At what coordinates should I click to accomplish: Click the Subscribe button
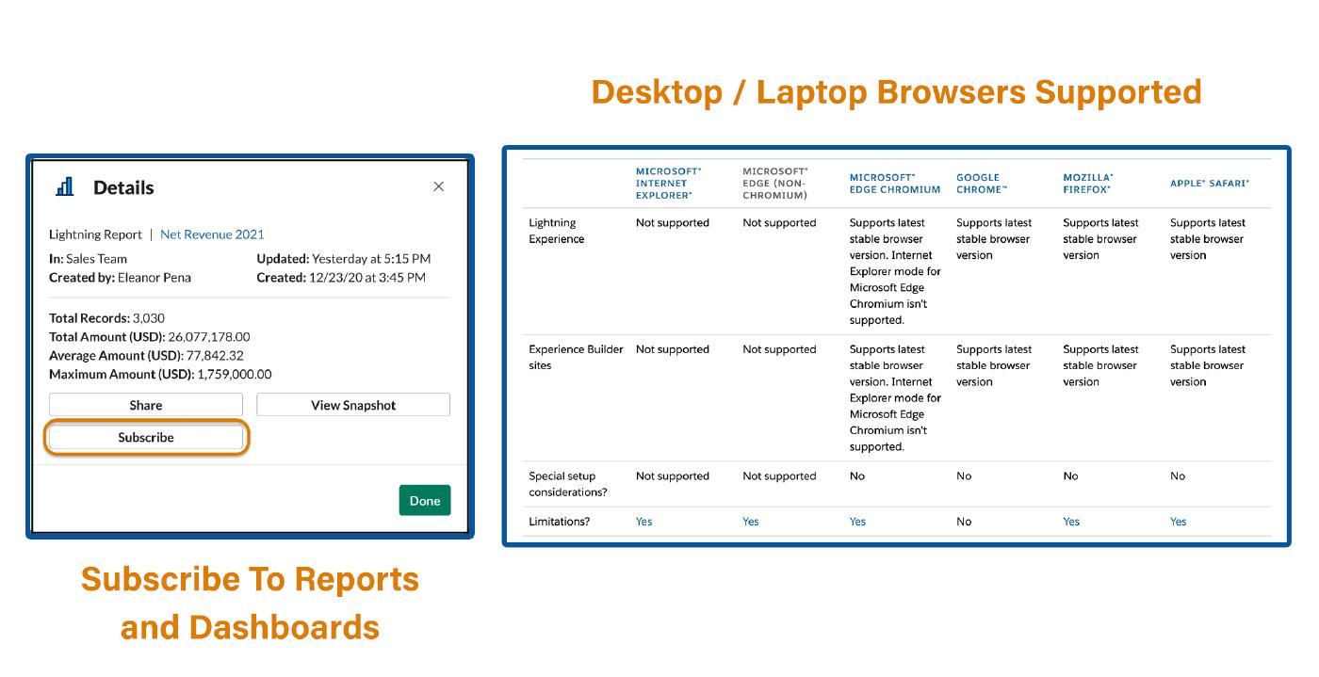145,438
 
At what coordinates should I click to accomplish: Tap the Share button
145,405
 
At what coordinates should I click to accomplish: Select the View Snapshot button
353,405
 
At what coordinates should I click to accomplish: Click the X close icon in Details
439,186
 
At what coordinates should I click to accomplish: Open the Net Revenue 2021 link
212,234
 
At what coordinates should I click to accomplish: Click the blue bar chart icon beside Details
65,186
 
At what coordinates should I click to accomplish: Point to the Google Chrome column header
982,183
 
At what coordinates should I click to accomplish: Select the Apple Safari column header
1209,183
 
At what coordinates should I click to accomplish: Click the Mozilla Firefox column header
1087,183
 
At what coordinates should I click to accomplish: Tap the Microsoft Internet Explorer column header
668,183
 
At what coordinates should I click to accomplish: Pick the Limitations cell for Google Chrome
964,522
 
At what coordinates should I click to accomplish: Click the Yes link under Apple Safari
1178,522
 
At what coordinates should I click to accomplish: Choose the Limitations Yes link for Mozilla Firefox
1071,522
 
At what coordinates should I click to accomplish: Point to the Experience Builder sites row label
576,358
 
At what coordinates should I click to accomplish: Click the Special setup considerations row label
567,484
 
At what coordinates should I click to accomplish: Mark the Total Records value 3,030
149,318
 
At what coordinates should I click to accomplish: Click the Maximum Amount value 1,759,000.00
235,375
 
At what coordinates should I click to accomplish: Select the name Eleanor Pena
155,278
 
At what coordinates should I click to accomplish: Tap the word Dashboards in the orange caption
284,627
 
